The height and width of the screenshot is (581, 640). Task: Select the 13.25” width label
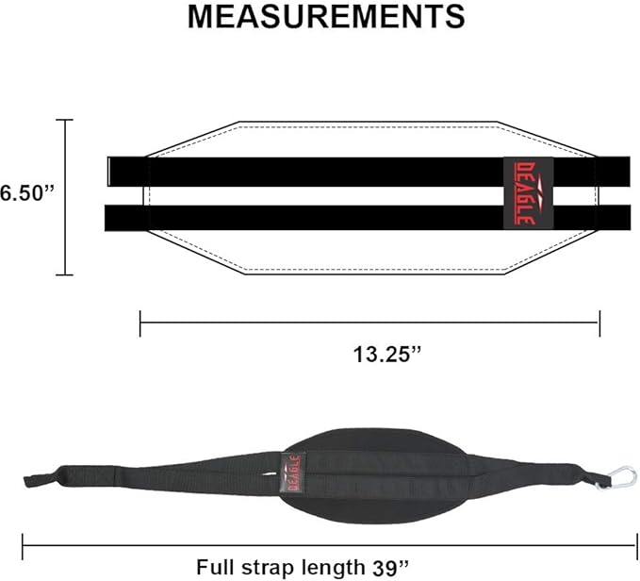[386, 356]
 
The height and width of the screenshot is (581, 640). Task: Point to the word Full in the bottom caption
[215, 568]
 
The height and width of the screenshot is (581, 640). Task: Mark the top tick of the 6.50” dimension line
[64, 120]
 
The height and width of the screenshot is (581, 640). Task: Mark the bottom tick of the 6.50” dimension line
[64, 274]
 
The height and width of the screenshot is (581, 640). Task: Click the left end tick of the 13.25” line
[140, 324]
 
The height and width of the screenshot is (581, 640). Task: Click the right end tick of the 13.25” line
[599, 324]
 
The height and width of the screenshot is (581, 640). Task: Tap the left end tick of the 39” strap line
[23, 545]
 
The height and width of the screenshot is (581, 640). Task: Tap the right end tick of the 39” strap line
[620, 545]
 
